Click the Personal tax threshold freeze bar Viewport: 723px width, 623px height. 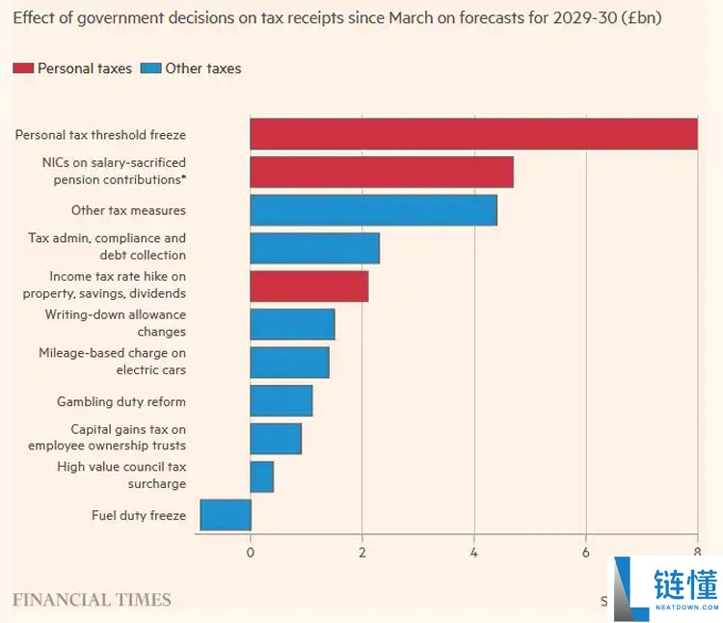tap(473, 134)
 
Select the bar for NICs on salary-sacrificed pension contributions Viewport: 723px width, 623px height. tap(381, 172)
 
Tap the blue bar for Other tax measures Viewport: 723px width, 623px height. tap(373, 210)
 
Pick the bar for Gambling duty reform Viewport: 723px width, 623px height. tap(281, 400)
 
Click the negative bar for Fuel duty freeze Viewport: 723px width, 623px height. tap(226, 515)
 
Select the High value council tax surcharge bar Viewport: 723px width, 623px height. tap(262, 476)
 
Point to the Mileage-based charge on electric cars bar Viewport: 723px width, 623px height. tap(289, 363)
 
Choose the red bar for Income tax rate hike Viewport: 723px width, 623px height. tap(308, 286)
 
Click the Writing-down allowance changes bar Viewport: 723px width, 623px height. tap(292, 324)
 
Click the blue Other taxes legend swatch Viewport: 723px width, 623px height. tap(149, 68)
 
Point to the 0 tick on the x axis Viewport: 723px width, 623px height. tap(251, 553)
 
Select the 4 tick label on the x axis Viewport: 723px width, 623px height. tap(474, 553)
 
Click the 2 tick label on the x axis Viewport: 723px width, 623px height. tap(362, 553)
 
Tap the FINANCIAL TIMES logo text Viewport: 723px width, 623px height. tap(92, 600)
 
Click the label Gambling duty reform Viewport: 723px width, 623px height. tap(121, 401)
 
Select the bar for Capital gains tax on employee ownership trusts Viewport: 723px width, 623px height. tap(276, 439)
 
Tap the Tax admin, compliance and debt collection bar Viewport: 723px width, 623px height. tap(314, 248)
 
